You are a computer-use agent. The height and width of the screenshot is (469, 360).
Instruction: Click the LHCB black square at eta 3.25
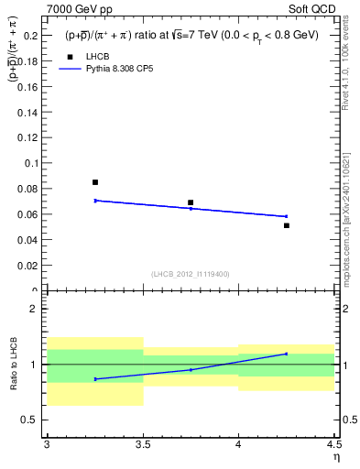[95, 182]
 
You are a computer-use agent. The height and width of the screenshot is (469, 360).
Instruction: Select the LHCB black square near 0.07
[191, 202]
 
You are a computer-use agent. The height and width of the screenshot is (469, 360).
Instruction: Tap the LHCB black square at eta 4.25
[287, 225]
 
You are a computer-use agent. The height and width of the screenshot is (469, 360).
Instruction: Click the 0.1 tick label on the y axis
[32, 163]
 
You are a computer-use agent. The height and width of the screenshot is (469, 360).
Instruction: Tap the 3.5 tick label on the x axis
[143, 445]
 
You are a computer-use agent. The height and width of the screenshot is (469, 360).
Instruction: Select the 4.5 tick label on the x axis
[333, 445]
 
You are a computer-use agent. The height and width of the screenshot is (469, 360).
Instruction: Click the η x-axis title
[335, 457]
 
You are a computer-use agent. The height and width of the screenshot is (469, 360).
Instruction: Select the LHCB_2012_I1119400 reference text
[191, 274]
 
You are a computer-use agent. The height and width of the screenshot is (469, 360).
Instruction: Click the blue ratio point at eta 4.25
[287, 354]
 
